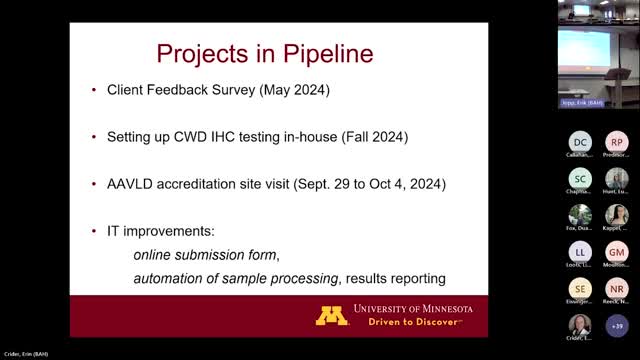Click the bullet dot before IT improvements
[x=93, y=231]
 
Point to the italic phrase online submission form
[x=207, y=253]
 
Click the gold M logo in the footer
[x=332, y=315]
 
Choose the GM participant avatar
[x=617, y=251]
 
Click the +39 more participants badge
[x=617, y=325]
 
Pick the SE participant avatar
[x=580, y=288]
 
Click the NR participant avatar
[x=617, y=288]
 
